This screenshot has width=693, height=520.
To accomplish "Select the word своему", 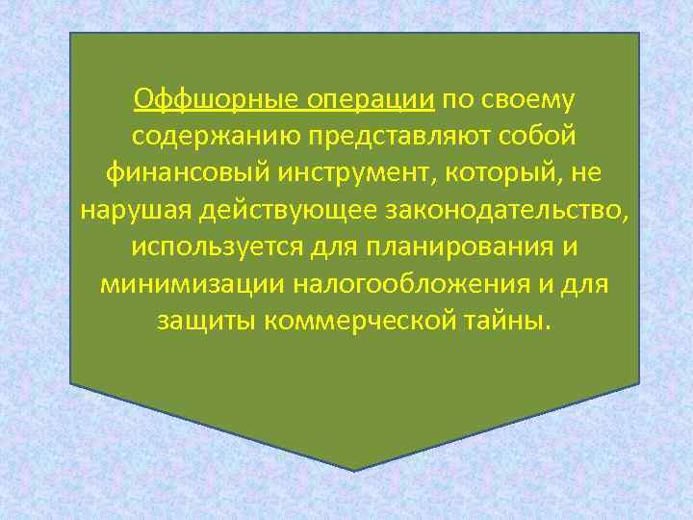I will [x=529, y=99].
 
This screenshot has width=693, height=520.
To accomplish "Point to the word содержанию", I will [x=204, y=136].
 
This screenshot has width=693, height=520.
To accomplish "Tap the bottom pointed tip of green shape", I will [x=354, y=468].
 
